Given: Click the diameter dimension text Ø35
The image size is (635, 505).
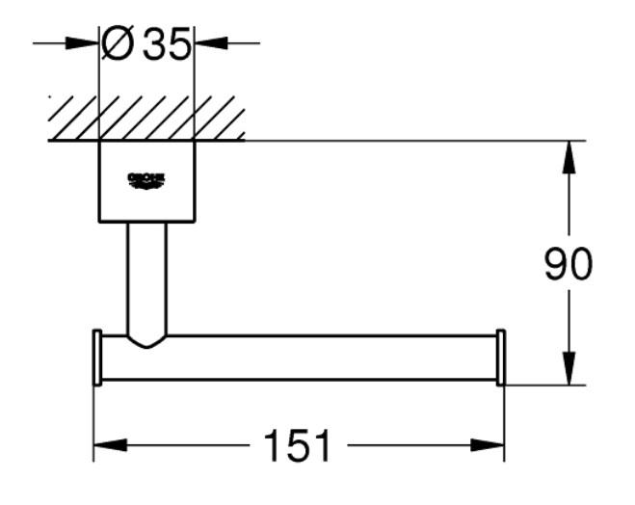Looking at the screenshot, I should pos(146,44).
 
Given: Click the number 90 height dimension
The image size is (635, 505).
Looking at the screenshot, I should pos(569,264).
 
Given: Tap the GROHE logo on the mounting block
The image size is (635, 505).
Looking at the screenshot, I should pos(146,180).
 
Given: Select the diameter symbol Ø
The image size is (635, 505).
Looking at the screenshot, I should pos(119,44).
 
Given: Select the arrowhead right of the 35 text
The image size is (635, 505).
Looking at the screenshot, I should pos(210,43).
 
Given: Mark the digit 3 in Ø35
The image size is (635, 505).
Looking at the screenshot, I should pos(155,44).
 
